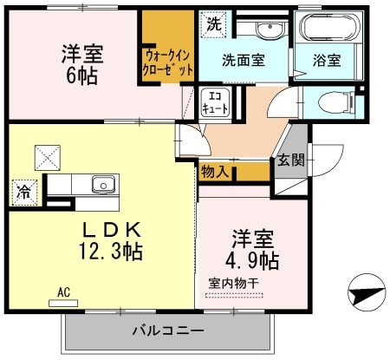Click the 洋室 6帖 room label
coord(81,63)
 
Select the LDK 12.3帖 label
coord(112,241)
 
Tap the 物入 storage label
coord(215,172)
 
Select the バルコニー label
coord(168,331)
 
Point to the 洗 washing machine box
coord(212,24)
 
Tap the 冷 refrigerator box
coord(23,193)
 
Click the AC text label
coord(63,292)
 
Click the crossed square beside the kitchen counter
coord(46,156)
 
